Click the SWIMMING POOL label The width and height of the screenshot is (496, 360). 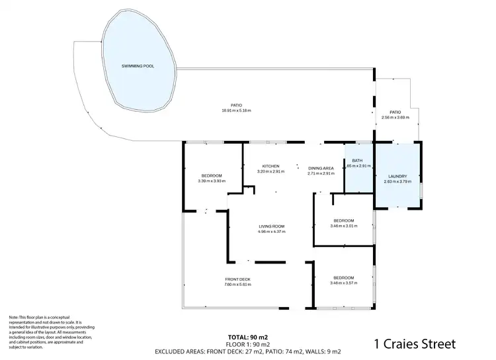point(138,67)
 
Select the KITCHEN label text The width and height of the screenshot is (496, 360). point(270,166)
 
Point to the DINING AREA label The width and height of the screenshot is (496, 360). point(321,168)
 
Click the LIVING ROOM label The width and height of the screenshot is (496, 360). point(270,226)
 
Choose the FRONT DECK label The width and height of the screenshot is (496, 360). point(237,279)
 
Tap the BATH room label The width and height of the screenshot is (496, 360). point(358,161)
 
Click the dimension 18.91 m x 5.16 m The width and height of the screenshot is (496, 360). point(236,111)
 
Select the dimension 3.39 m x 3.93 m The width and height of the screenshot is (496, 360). point(211,181)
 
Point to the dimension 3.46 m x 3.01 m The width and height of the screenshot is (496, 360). point(343,226)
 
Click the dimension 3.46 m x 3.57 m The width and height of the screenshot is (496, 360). point(343,283)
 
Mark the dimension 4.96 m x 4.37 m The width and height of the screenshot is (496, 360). point(270,232)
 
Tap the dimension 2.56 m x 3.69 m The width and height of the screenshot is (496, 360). point(395,118)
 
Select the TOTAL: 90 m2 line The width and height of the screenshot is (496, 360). point(248,337)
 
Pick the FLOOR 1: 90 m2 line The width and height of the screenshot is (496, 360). point(248,344)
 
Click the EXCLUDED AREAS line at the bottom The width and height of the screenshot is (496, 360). point(248,351)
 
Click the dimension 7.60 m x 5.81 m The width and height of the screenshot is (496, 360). point(237,285)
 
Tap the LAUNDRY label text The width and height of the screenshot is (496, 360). point(397,176)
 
